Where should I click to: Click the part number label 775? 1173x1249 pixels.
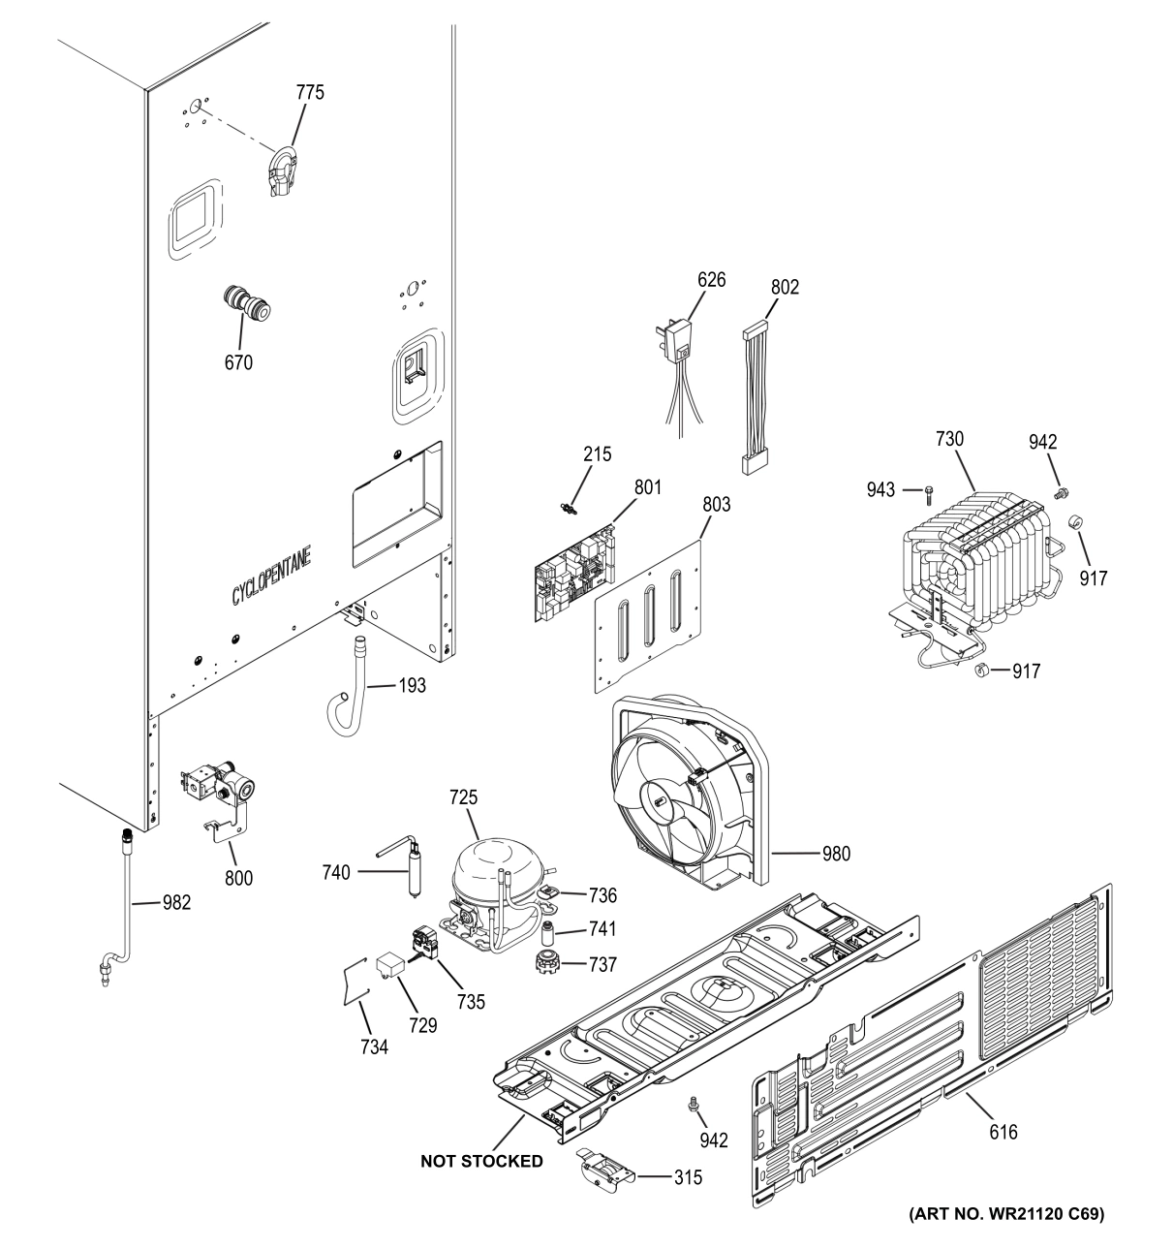pos(310,93)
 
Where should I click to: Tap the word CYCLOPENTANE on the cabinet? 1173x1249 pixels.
pos(278,580)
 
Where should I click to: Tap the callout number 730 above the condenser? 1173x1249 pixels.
pos(949,439)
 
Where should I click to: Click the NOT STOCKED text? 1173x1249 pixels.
pos(481,1161)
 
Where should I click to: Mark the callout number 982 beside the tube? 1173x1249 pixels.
pos(176,903)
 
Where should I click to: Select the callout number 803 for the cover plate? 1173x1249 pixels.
pos(717,504)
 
